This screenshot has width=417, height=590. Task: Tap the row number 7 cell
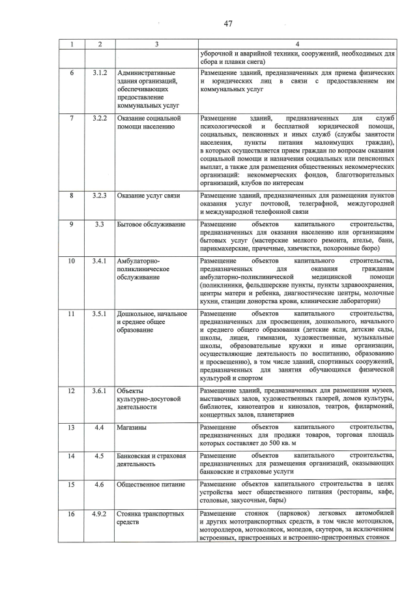pos(72,117)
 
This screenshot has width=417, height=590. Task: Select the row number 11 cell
pos(72,315)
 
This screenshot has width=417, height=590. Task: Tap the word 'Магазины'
pos(132,427)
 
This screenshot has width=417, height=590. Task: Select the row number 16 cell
pos(72,514)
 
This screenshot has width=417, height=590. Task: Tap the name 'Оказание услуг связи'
pos(149,196)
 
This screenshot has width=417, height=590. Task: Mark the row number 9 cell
pos(72,224)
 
